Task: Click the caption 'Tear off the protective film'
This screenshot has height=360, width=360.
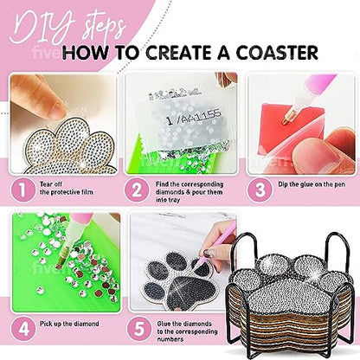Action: [x=64, y=189]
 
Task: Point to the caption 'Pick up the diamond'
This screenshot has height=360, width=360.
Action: [x=67, y=327]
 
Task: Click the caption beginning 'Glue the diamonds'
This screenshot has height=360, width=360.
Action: [x=184, y=331]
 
